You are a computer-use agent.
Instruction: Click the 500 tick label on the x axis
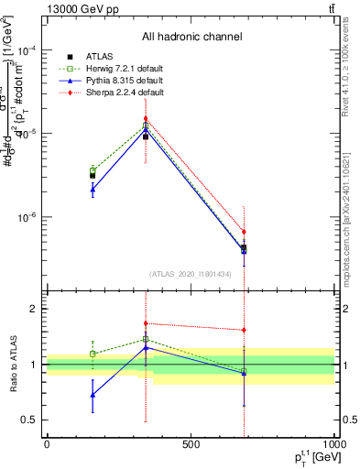(191, 445)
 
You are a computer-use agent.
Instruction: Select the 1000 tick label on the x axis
(334, 445)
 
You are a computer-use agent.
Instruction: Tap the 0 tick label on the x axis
(47, 445)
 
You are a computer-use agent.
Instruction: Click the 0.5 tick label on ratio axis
(31, 420)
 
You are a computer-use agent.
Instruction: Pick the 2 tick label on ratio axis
(35, 309)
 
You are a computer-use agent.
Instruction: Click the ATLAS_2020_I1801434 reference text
(191, 274)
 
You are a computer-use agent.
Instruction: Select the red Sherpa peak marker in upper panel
(146, 119)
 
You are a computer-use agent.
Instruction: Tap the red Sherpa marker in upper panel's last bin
(244, 232)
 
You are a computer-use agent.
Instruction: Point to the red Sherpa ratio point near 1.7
(146, 323)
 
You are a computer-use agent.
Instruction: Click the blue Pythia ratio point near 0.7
(93, 395)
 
